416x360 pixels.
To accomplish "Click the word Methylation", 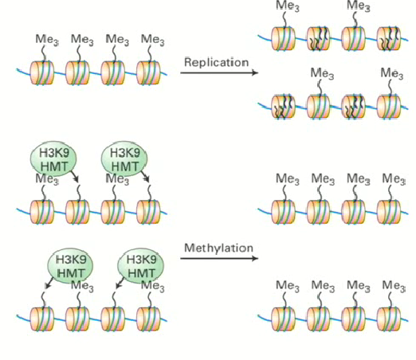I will [x=218, y=248].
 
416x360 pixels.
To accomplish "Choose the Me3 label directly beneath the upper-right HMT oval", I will [x=116, y=178].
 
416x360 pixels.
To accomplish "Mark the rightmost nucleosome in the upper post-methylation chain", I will [x=390, y=211].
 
